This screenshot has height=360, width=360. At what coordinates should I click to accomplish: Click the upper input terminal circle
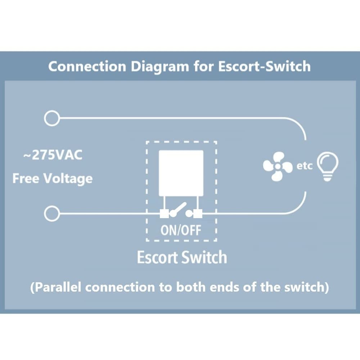tap(51, 118)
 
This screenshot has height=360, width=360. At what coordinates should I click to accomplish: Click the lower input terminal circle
tap(51, 214)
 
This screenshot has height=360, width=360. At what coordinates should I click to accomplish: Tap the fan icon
tap(277, 167)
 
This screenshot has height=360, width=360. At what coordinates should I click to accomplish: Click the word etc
tap(304, 166)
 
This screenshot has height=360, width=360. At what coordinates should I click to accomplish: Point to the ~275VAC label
tap(53, 155)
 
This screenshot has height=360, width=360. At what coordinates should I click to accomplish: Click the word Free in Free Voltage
tap(26, 178)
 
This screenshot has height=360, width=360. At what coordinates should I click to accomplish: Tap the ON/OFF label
tap(181, 230)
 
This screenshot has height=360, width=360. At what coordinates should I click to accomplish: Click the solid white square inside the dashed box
tap(181, 173)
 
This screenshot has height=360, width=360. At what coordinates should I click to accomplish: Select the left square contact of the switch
tap(164, 214)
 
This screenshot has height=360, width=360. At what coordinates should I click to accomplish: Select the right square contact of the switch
tap(198, 214)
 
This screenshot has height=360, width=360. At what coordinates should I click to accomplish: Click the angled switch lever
tap(179, 209)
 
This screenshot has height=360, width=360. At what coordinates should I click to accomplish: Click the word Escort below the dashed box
tap(157, 257)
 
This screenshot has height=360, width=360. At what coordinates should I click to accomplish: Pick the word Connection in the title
tap(87, 67)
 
